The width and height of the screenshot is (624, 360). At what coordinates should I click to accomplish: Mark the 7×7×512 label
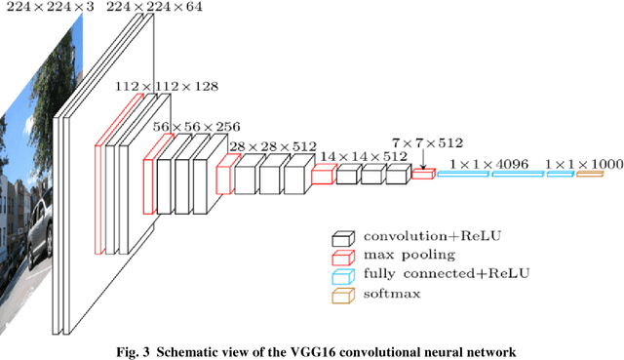tap(426, 143)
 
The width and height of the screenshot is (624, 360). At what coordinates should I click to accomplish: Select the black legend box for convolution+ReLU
tap(342, 237)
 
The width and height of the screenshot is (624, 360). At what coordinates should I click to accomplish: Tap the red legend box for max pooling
tap(342, 256)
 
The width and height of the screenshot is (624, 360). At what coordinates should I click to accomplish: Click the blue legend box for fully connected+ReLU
tap(342, 274)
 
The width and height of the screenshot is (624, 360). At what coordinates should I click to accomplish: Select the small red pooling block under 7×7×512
tap(421, 174)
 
